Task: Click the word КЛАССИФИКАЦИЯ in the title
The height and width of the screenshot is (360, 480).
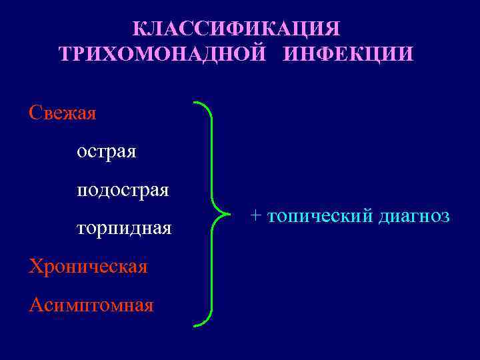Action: coord(236,29)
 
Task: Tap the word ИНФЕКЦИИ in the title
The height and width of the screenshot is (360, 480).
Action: coord(348,54)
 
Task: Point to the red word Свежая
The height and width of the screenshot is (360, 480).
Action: coord(63,113)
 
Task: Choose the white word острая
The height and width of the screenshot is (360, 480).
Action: coord(107,151)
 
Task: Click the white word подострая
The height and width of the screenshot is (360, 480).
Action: coord(123,191)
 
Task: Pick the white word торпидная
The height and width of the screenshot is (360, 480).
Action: coord(124,229)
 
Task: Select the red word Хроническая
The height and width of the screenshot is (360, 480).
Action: coord(88,267)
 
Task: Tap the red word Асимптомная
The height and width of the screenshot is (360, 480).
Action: coord(91,305)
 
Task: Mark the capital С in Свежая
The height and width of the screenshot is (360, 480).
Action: coord(36,113)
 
